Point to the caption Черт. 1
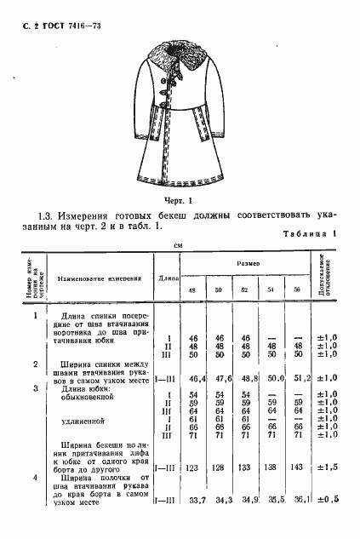click(x=180, y=201)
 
